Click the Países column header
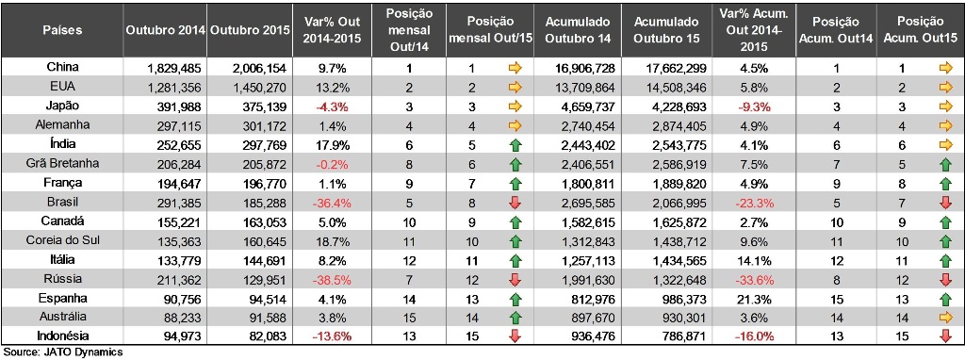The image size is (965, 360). tap(62, 30)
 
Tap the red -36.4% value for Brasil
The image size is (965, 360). tap(333, 202)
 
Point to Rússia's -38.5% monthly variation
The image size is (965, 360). tap(333, 279)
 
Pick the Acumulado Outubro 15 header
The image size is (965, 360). tap(670, 30)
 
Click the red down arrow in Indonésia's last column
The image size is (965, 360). tap(946, 336)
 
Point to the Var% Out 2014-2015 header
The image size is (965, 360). tap(333, 30)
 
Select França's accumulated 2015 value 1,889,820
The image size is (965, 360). tap(674, 183)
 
